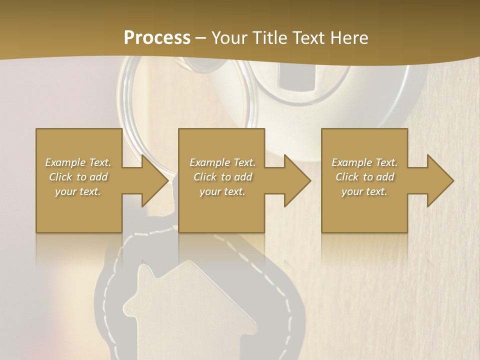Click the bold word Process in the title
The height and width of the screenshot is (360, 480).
click(157, 38)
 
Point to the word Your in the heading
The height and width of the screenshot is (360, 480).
click(230, 38)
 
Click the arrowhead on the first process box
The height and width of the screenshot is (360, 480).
click(154, 180)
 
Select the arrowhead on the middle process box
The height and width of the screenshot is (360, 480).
click(297, 180)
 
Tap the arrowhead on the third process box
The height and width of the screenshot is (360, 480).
click(440, 180)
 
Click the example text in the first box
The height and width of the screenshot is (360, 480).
click(78, 177)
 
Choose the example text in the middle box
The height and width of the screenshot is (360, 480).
click(222, 177)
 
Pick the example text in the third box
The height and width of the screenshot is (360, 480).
click(364, 177)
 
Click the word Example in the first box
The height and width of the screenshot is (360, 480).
click(65, 162)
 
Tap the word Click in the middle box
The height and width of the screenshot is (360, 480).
click(204, 177)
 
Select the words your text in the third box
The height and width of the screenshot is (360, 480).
click(364, 191)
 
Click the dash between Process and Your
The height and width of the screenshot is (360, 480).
click(200, 38)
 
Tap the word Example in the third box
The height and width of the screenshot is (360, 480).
click(351, 162)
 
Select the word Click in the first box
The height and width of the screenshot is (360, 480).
click(60, 177)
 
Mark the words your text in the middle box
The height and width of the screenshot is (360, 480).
click(222, 191)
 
